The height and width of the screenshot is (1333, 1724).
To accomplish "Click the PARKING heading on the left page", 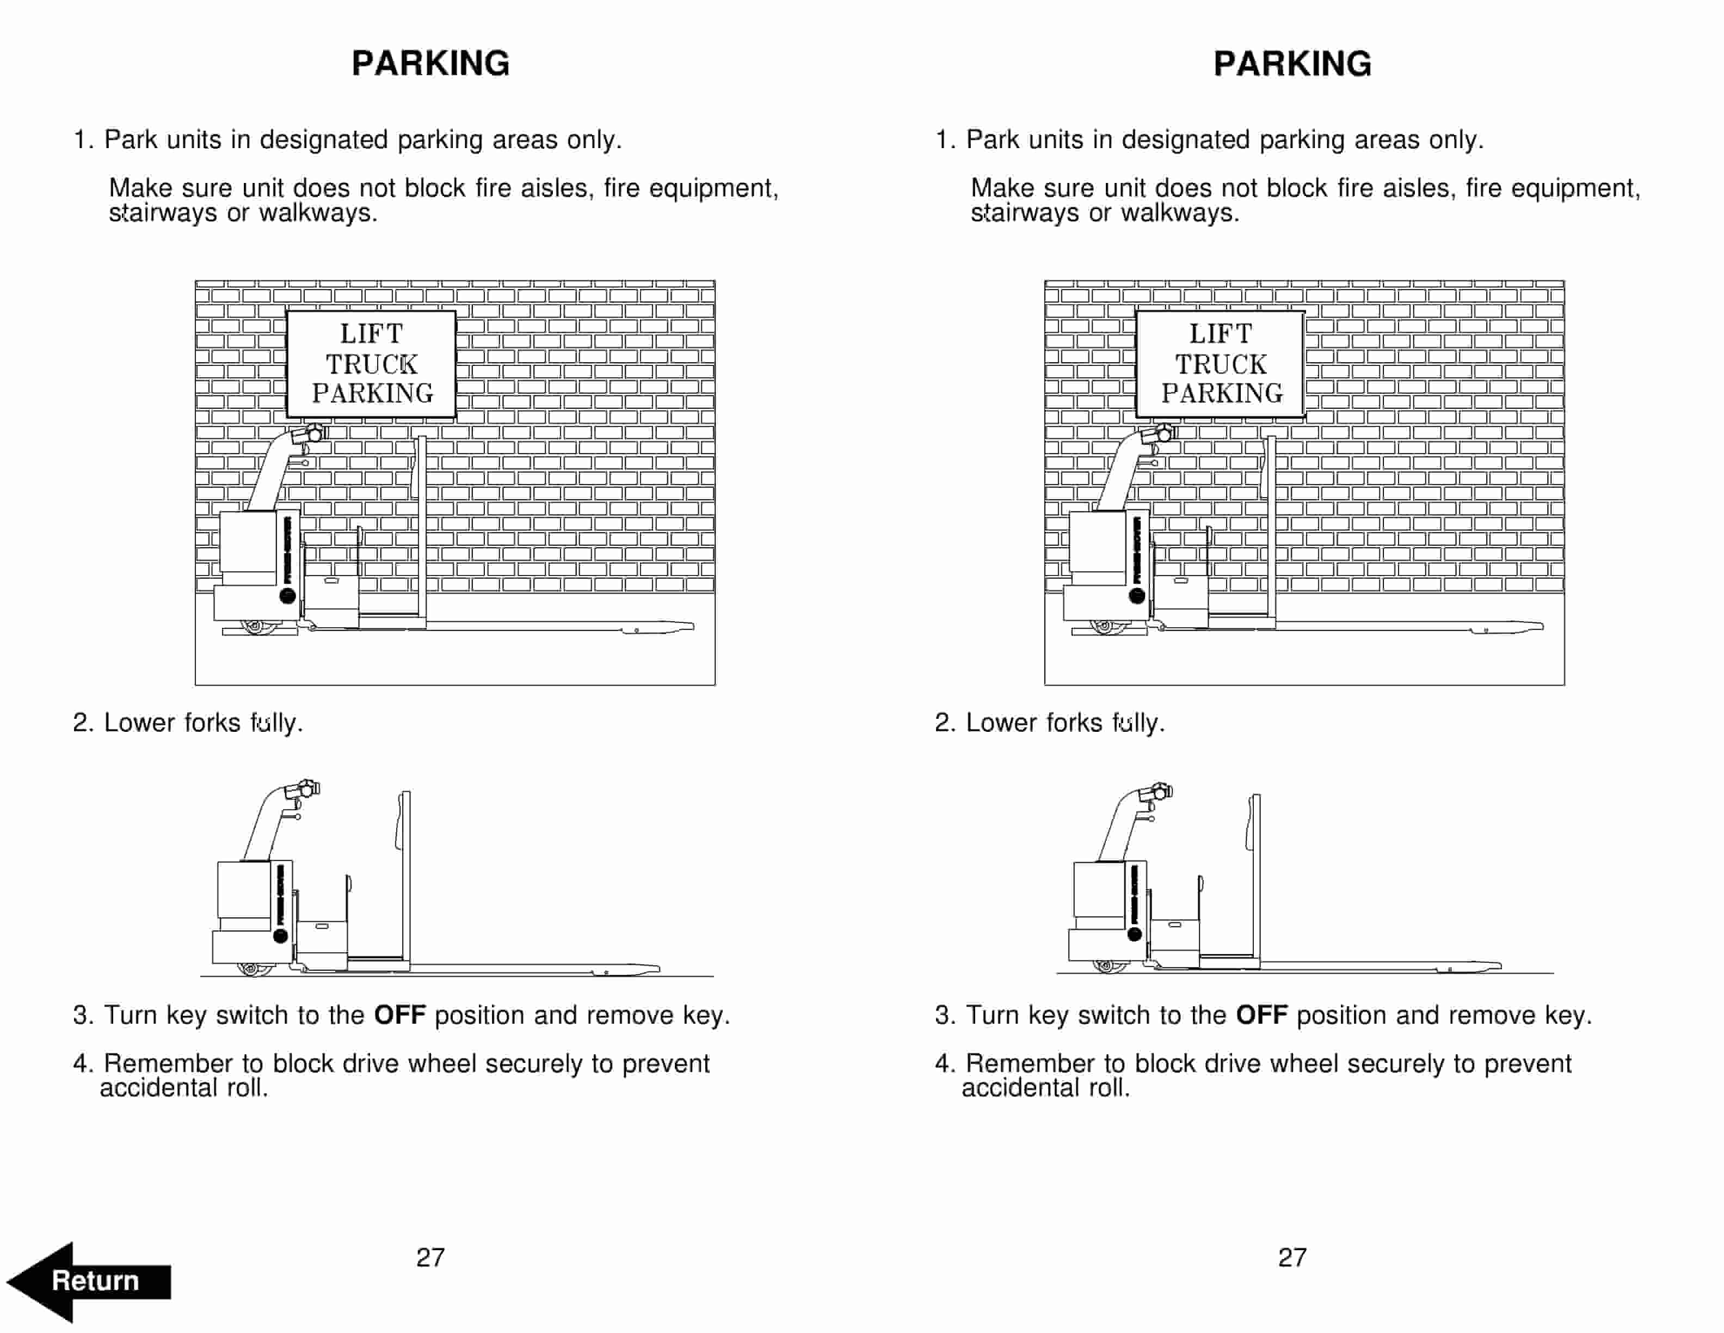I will pos(430,64).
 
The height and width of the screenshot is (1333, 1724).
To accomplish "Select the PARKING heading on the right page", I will pos(1292,64).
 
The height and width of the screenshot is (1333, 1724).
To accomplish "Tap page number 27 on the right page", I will pos(1292,1257).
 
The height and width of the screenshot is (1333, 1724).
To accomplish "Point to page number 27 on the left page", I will pos(430,1257).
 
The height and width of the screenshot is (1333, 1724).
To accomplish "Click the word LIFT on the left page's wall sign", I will pos(371,334).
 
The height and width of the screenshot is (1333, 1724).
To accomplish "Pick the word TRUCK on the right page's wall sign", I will pos(1221,365).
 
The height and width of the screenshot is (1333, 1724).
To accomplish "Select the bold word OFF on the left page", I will pos(399,1015).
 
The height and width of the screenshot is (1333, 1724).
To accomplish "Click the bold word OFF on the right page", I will pos(1261,1015).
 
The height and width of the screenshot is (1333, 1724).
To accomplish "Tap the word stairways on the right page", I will pos(1024,213).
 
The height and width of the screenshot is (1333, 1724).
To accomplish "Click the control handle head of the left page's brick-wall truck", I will pos(310,433).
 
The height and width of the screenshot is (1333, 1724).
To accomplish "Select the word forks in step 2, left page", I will pos(212,723).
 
